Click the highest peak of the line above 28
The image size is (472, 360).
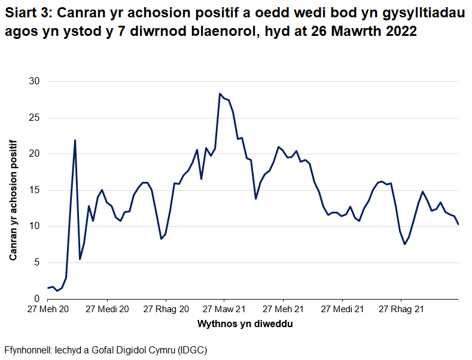pos(220,93)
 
